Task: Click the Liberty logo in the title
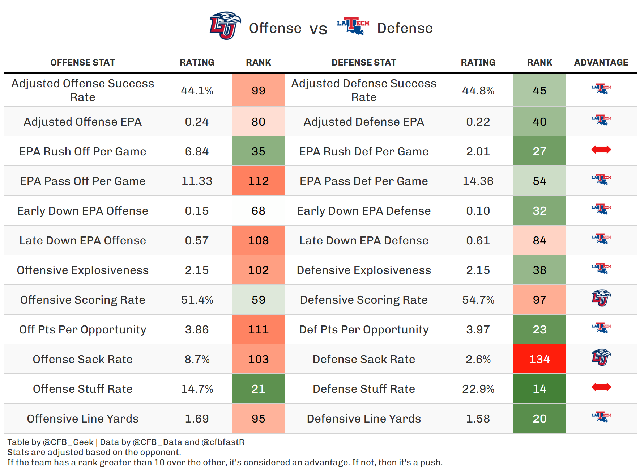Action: click(225, 26)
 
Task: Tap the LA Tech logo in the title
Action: click(353, 26)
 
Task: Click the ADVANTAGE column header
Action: click(601, 63)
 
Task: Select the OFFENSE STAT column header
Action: click(82, 63)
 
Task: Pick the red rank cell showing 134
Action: click(539, 359)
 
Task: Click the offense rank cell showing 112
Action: click(258, 181)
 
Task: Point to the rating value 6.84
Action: click(197, 151)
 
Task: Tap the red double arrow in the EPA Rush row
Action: click(601, 150)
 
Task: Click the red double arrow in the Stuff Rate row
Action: click(601, 387)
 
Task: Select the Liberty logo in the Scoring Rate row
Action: click(601, 298)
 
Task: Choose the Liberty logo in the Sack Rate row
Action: click(601, 357)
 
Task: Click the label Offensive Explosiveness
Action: click(82, 270)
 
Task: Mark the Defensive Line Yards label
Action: click(364, 419)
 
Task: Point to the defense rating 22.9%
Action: click(478, 389)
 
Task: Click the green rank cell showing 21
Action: click(258, 389)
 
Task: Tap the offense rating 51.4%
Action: click(197, 300)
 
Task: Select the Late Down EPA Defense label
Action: click(364, 240)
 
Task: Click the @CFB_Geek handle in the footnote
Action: click(68, 442)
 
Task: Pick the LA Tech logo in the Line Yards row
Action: click(601, 417)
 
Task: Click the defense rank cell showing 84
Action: click(539, 240)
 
